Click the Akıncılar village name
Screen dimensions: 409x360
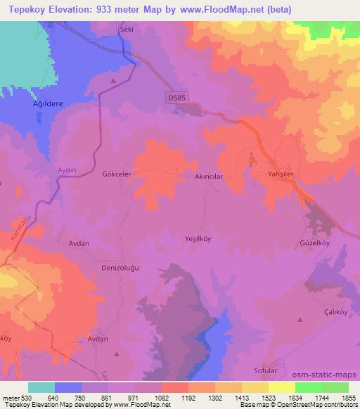click(209, 177)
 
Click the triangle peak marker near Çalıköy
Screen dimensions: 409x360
click(300, 320)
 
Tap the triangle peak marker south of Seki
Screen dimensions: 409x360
click(112, 81)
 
